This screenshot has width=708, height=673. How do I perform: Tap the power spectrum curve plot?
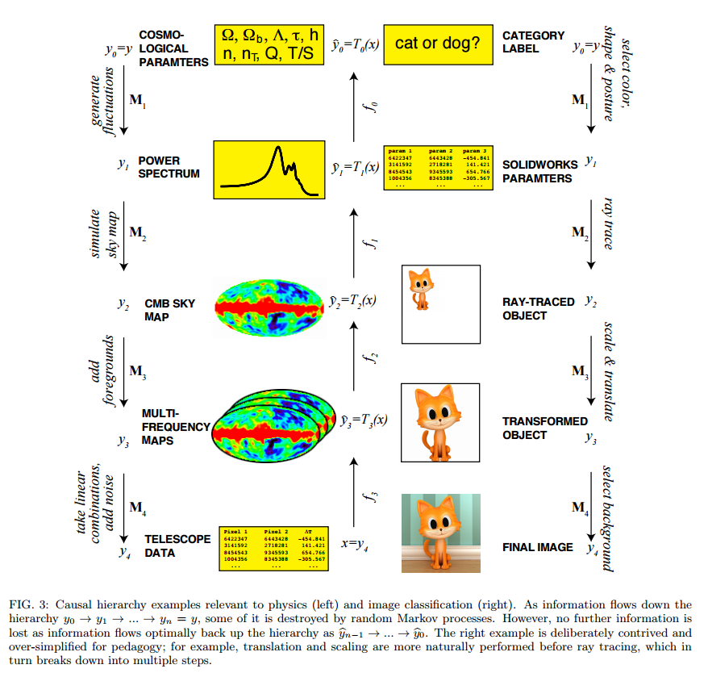(268, 169)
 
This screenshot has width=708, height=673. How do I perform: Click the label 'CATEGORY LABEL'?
(533, 42)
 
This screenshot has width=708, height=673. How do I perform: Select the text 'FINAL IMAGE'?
(538, 547)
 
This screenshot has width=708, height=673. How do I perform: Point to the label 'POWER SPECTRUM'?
(169, 167)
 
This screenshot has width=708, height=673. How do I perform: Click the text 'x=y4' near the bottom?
(354, 544)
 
